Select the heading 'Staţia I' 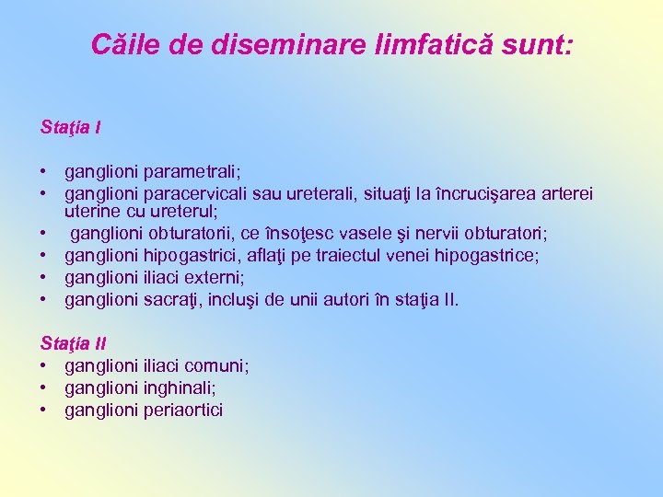coord(71,126)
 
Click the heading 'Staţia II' coord(74,343)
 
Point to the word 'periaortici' coord(183,410)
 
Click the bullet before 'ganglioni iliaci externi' coord(44,277)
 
